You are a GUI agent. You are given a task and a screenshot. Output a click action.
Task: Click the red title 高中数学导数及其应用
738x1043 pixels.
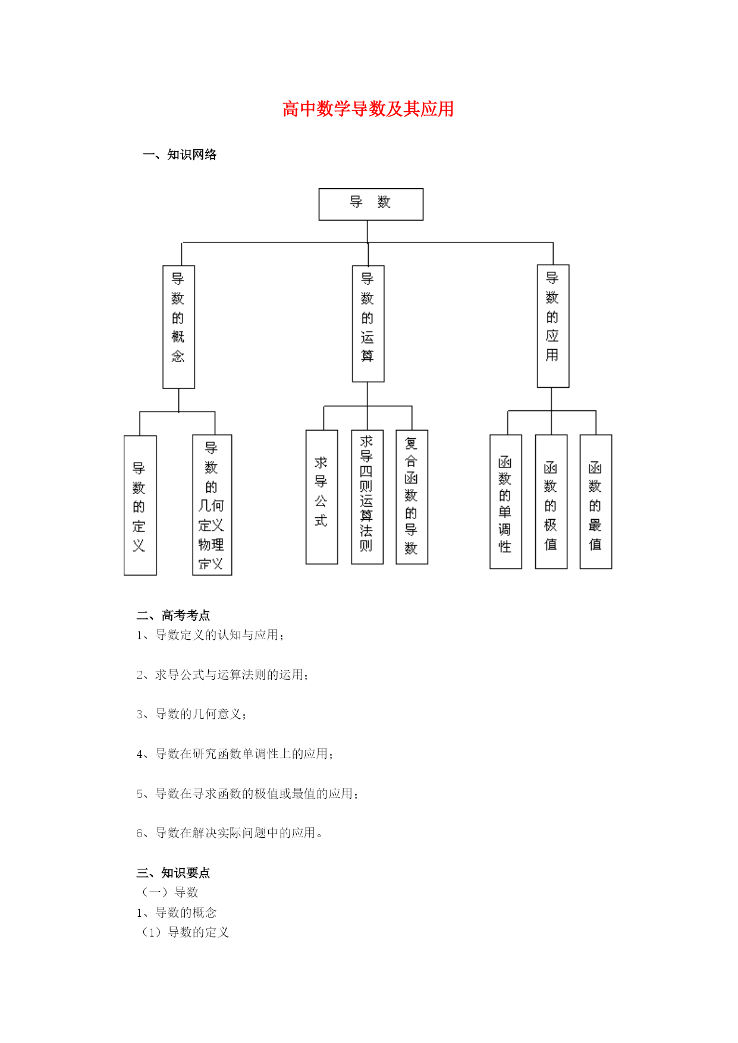point(368,109)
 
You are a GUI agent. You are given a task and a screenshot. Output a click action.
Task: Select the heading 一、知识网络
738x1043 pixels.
point(180,155)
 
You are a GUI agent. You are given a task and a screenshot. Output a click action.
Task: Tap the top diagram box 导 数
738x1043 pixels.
point(371,204)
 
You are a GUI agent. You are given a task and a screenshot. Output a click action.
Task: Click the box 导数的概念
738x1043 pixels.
point(179,326)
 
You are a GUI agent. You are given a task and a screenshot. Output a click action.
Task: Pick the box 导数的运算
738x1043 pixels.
point(368,323)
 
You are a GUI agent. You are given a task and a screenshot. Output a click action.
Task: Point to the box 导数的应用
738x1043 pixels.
point(553,326)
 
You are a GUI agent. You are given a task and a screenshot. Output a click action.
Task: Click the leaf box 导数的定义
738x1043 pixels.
point(140,505)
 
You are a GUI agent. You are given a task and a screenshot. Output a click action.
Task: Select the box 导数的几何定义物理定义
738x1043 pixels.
point(212,505)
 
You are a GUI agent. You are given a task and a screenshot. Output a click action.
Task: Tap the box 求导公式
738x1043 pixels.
point(322,497)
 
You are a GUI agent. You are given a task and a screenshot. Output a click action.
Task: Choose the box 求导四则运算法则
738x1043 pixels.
point(368,497)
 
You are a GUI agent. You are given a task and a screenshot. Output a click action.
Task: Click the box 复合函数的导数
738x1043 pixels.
point(412,497)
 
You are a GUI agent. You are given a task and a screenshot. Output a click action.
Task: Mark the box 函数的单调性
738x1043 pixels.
point(505,502)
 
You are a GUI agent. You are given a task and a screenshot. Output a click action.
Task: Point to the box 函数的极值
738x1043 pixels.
point(551,502)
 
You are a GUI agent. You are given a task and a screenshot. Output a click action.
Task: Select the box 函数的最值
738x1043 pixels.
point(596,502)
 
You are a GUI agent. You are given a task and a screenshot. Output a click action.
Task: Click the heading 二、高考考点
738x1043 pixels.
point(173,615)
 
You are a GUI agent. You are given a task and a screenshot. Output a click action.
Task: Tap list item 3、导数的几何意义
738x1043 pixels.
point(191,714)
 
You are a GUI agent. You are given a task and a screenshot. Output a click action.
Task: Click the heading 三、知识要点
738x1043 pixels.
point(173,873)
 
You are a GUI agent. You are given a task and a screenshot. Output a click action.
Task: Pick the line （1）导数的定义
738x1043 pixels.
point(184,932)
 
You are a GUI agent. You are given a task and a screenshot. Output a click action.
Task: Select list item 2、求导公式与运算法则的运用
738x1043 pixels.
point(222,675)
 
